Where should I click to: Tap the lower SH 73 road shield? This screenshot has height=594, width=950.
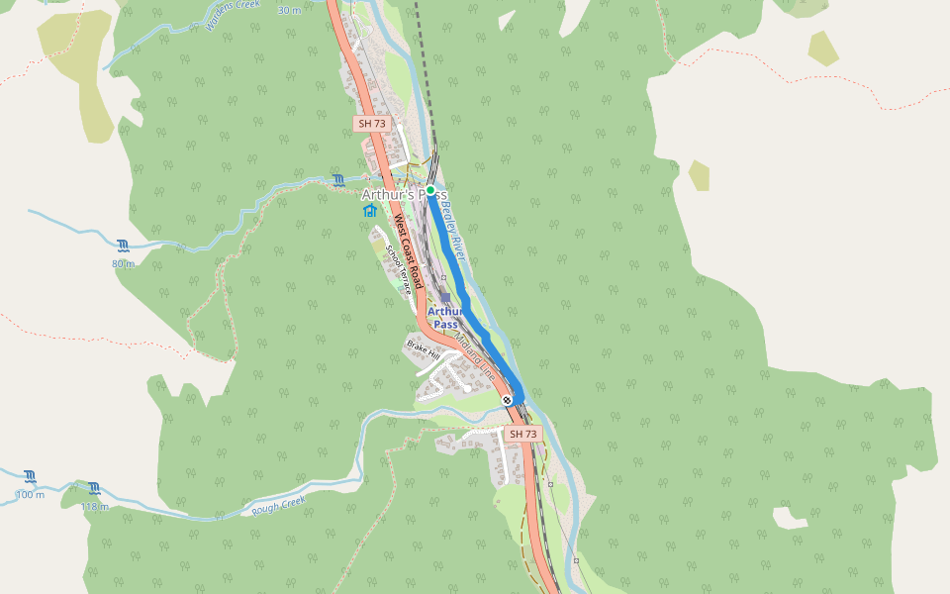[x=522, y=434]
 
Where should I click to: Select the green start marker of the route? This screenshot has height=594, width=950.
[x=430, y=189]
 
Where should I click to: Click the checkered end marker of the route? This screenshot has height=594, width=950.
[x=508, y=400]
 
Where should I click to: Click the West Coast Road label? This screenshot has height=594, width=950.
[x=408, y=251]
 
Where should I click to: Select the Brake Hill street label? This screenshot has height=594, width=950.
[x=423, y=348]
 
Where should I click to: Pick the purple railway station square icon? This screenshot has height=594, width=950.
[x=446, y=297]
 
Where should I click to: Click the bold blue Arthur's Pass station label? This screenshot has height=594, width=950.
[x=444, y=317]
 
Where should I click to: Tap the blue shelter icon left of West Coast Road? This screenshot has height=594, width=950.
[x=369, y=211]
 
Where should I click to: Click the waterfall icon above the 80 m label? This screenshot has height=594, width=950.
[x=123, y=246]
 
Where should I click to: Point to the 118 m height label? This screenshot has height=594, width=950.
[x=94, y=506]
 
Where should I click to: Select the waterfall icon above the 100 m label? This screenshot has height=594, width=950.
[x=31, y=476]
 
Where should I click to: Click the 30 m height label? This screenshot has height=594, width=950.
[x=289, y=10]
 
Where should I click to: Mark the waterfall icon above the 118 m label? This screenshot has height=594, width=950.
[x=94, y=488]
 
